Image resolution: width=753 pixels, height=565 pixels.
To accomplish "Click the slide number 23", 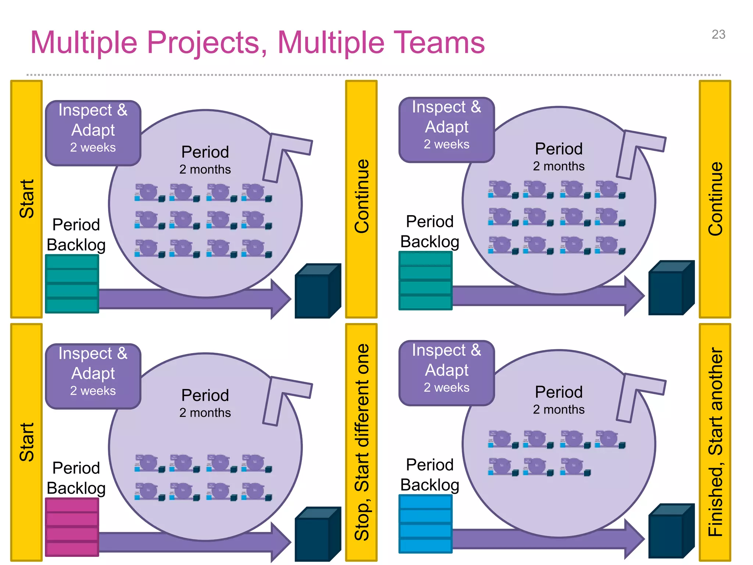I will tap(718, 35).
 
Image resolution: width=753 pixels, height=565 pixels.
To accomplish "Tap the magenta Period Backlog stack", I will tap(72, 527).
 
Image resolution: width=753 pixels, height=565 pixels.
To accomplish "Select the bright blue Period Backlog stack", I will tap(425, 523).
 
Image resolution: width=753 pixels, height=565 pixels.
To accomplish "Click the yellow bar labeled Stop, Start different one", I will tap(361, 442).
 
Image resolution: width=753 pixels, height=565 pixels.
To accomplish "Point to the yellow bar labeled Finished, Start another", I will tap(715, 442).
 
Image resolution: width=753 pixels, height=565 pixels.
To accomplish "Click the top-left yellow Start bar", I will tap(26, 199).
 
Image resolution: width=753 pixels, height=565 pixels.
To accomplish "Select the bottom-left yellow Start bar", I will tap(26, 442).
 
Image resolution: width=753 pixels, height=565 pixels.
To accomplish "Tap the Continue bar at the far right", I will tap(715, 199).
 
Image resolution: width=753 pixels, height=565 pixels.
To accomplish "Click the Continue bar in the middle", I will tap(361, 199).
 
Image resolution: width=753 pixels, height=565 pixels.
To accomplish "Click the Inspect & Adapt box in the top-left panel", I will tap(93, 133).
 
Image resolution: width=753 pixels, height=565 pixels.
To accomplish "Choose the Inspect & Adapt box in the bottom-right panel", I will tap(446, 373).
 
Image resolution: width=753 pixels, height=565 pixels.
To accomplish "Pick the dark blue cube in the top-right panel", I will tap(671, 288).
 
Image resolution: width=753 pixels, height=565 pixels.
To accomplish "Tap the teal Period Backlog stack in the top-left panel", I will tap(72, 284).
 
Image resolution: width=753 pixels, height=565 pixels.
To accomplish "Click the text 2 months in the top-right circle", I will tap(558, 166).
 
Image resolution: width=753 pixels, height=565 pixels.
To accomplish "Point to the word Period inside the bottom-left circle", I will tap(205, 395).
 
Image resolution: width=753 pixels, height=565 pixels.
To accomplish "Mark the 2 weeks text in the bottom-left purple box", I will tap(93, 391).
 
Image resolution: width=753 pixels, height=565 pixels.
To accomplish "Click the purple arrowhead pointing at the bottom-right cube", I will tap(635, 539).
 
